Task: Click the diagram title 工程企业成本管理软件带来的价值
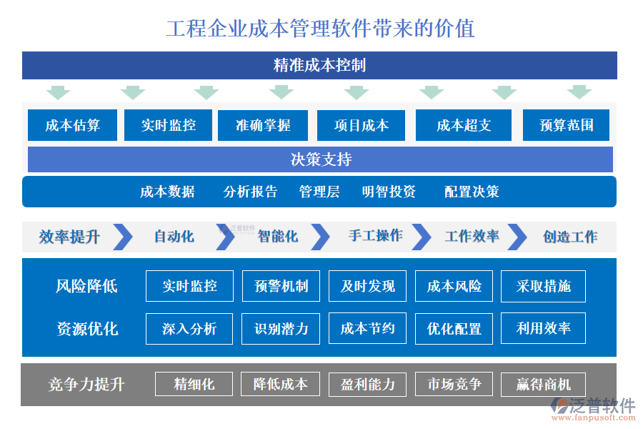point(320,29)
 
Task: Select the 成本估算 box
point(72,125)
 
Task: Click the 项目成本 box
point(361,125)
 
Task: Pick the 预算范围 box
point(567,125)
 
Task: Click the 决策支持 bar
point(320,159)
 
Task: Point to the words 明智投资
point(389,192)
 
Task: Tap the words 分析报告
point(250,192)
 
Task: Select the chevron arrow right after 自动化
point(224,237)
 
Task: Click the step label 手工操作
point(375,236)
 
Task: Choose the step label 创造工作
point(570,237)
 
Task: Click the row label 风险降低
point(86,286)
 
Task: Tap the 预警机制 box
point(281,286)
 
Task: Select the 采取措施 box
point(543,286)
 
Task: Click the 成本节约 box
point(367,328)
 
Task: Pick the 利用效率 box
point(543,328)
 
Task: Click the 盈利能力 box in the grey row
point(367,384)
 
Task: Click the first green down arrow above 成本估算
point(58,92)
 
